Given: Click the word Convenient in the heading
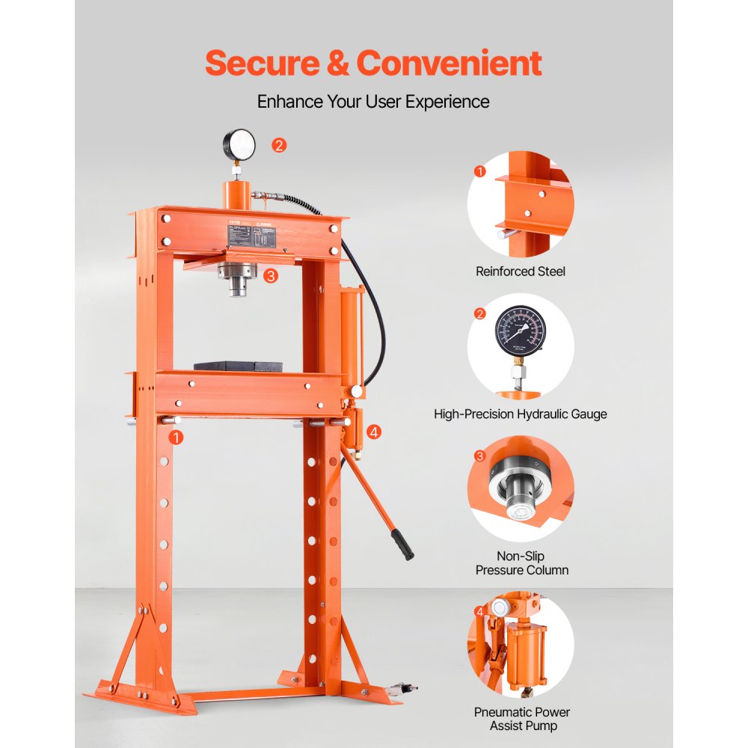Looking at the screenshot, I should click(x=449, y=63).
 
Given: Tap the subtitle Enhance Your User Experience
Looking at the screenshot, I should click(x=373, y=101).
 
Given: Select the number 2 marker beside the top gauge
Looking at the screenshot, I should click(x=279, y=145).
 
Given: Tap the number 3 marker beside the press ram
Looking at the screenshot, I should click(x=271, y=275).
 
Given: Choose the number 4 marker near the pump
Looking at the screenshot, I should click(x=374, y=431).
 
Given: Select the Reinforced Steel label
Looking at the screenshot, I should click(x=521, y=272).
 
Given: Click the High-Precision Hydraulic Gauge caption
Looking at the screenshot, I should click(x=521, y=414).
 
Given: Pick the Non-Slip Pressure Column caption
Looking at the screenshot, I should click(x=521, y=563).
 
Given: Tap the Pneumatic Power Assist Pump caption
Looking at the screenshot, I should click(x=521, y=719).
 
